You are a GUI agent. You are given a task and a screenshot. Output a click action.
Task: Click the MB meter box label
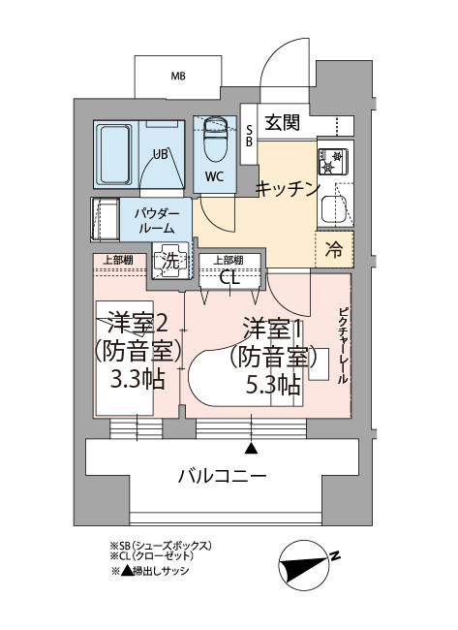[178, 76]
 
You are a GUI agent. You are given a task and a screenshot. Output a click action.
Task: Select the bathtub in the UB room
[115, 154]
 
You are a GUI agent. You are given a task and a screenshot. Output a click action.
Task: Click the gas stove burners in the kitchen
[333, 162]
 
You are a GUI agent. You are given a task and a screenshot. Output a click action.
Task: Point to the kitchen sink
[333, 210]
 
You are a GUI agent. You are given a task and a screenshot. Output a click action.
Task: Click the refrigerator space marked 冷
[334, 249]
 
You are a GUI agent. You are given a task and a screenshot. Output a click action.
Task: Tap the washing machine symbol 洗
[171, 261]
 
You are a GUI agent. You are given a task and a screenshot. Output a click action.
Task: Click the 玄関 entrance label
[283, 122]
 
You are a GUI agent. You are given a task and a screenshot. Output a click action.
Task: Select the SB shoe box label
[249, 136]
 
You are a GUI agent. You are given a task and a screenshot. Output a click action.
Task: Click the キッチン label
[288, 188]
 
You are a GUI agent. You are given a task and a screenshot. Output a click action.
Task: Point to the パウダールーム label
[157, 221]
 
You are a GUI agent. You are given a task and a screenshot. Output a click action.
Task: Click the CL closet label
[229, 277]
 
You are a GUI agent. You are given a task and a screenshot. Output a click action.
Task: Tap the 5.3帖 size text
[272, 385]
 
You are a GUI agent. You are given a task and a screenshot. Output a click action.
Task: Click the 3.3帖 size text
[137, 379]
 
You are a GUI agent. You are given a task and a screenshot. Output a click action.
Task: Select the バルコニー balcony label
[222, 477]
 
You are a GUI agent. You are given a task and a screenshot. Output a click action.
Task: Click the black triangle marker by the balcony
[252, 449]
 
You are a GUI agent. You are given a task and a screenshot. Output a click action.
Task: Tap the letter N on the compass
[334, 556]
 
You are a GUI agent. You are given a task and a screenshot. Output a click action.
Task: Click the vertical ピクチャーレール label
[343, 346]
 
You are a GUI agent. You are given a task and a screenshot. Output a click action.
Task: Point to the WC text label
[215, 176]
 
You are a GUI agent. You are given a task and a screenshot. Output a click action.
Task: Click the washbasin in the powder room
[105, 219]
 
